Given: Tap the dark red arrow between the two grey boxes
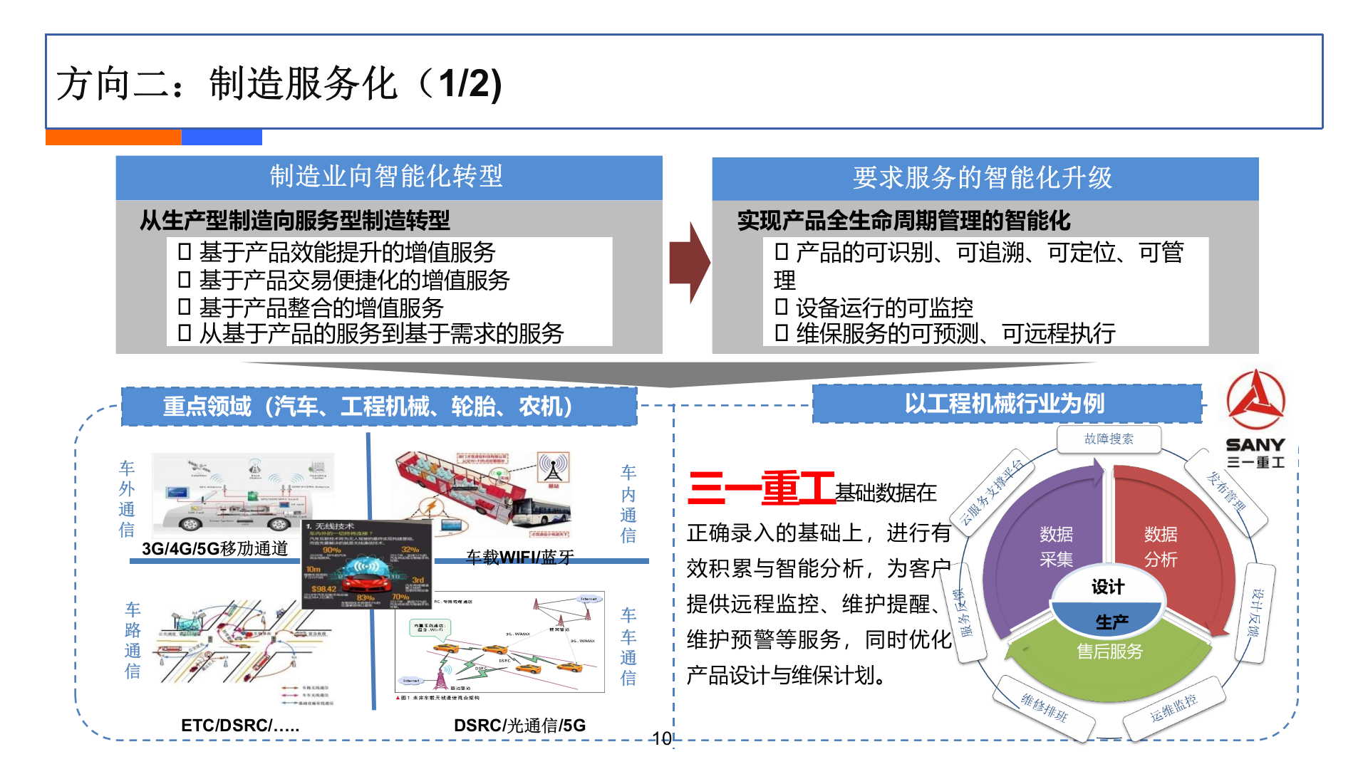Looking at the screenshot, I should pyautogui.click(x=688, y=263).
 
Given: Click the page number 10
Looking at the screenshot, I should pyautogui.click(x=662, y=739).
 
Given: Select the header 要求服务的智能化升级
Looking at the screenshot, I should pyautogui.click(x=984, y=178).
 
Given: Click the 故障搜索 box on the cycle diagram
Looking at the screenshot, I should pyautogui.click(x=1109, y=439).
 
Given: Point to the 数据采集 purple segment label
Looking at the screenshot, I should pyautogui.click(x=1056, y=546).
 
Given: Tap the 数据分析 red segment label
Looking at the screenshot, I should pyautogui.click(x=1161, y=546).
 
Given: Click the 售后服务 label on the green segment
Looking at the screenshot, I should pyautogui.click(x=1109, y=651).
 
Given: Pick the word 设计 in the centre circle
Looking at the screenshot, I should pyautogui.click(x=1108, y=587).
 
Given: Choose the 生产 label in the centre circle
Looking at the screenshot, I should pyautogui.click(x=1111, y=622).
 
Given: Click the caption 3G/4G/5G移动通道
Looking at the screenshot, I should pyautogui.click(x=215, y=548).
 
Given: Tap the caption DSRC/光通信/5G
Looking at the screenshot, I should pyautogui.click(x=519, y=726).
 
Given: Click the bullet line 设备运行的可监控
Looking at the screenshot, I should pyautogui.click(x=883, y=308).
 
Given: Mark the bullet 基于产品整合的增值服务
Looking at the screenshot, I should pyautogui.click(x=321, y=308).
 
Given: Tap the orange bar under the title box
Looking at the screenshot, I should pyautogui.click(x=113, y=137).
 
